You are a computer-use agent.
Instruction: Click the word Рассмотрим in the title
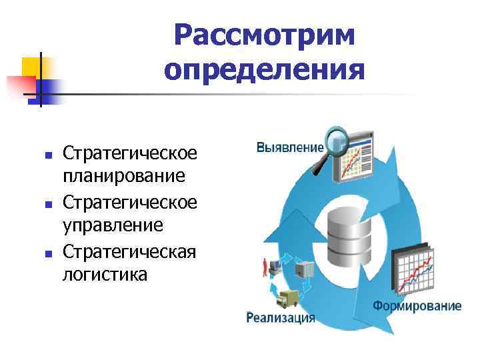[264, 35]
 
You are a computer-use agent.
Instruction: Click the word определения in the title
[264, 69]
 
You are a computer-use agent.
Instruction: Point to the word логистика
[105, 273]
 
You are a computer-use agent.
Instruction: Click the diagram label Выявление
[291, 147]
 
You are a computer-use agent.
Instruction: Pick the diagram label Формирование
[417, 306]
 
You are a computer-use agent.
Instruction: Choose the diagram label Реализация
[281, 317]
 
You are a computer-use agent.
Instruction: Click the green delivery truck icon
[288, 299]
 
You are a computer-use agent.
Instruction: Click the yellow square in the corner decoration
[33, 67]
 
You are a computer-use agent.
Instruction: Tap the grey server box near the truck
[305, 269]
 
